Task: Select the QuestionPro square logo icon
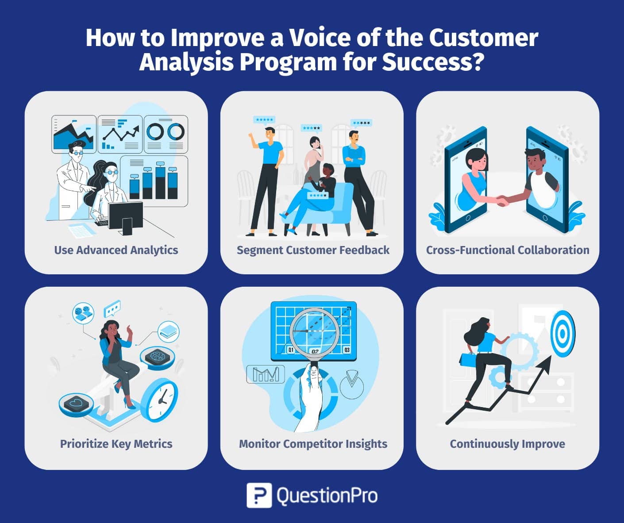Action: click(259, 495)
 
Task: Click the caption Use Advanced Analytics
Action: click(116, 250)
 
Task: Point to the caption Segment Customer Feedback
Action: click(313, 250)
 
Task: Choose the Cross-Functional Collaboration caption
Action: click(508, 250)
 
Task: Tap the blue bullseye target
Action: click(562, 334)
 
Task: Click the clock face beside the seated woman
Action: click(160, 400)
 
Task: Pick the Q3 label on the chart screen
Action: click(347, 350)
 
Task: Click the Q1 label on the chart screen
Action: click(291, 350)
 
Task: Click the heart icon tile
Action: click(76, 404)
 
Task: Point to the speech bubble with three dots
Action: click(112, 309)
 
